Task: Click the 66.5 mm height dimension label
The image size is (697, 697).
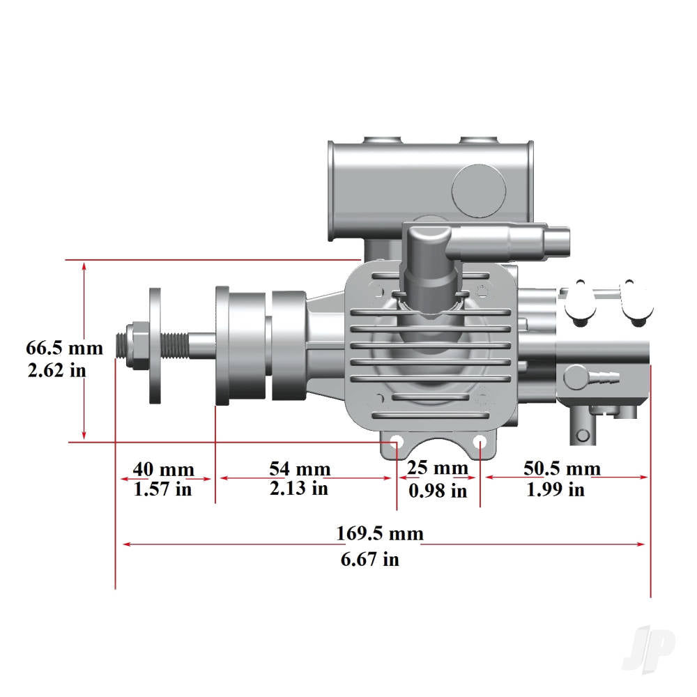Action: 64,348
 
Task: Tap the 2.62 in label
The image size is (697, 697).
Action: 57,370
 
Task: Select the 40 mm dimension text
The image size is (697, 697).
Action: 164,469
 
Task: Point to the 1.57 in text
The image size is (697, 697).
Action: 162,489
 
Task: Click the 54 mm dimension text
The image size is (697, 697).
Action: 300,469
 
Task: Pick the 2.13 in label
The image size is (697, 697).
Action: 298,489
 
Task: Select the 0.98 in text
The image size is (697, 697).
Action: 438,491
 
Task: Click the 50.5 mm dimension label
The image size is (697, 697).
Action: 562,468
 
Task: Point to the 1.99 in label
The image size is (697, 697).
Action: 556,489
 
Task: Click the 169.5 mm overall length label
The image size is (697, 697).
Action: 380,534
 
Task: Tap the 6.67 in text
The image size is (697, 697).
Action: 370,559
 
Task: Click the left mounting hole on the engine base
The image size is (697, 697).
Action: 395,443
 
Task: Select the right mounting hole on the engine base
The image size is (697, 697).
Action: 480,443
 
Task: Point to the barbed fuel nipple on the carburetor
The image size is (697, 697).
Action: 604,378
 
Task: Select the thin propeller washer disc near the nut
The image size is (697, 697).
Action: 155,346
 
